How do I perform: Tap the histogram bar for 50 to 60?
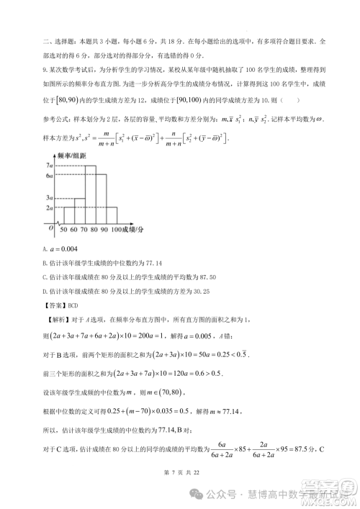[x=63, y=218]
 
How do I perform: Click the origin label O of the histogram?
[x=50, y=228]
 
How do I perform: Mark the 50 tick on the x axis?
[x=63, y=230]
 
